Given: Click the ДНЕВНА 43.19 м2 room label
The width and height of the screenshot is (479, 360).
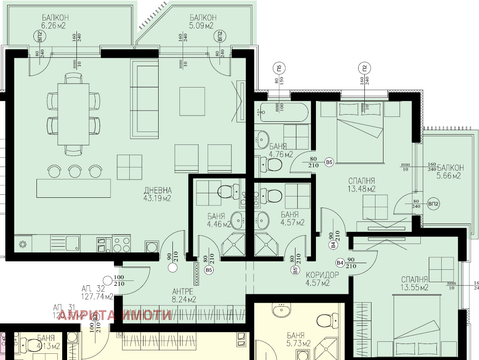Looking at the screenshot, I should pyautogui.click(x=157, y=194).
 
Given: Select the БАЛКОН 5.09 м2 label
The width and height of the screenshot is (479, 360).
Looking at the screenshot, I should pyautogui.click(x=203, y=22).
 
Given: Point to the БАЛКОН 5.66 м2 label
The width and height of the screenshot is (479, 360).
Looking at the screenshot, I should pyautogui.click(x=450, y=172).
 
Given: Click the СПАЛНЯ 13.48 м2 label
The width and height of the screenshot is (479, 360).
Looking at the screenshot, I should pyautogui.click(x=362, y=185).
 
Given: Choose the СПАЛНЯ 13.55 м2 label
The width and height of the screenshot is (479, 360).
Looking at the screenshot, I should pyautogui.click(x=414, y=283).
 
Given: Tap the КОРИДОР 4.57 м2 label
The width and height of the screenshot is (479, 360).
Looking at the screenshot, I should pyautogui.click(x=322, y=279).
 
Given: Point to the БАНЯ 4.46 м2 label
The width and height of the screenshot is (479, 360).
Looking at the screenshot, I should pyautogui.click(x=219, y=220).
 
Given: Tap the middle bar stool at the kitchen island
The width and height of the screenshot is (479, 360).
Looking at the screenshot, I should pyautogui.click(x=74, y=170).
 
